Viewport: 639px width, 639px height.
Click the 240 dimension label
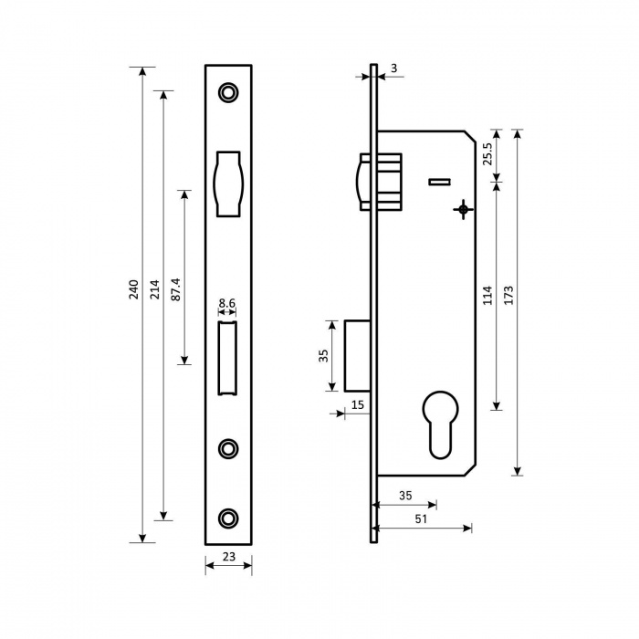[x=133, y=289]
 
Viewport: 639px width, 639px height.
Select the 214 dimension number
[x=155, y=289]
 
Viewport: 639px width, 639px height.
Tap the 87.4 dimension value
[x=175, y=289]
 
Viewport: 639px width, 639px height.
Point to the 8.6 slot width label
[x=227, y=303]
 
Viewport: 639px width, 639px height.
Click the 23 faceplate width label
[x=229, y=556]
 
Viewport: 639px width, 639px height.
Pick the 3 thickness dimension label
[x=393, y=68]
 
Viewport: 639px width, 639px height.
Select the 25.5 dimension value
[x=487, y=153]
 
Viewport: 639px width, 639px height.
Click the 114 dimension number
[x=487, y=295]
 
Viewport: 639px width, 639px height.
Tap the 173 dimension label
[x=508, y=295]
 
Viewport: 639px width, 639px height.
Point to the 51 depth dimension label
[x=421, y=519]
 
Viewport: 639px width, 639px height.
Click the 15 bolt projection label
[x=358, y=404]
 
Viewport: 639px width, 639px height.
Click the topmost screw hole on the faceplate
[x=228, y=92]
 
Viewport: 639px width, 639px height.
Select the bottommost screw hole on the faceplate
[x=228, y=518]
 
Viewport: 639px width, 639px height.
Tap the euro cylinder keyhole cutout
[x=441, y=424]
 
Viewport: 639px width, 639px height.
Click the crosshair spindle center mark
[x=463, y=209]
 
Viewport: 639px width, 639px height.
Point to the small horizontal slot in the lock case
[x=439, y=182]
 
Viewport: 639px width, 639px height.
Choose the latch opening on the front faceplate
[x=228, y=183]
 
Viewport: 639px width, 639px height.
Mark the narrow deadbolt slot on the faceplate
[x=228, y=358]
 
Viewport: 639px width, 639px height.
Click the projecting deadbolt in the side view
[x=358, y=356]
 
